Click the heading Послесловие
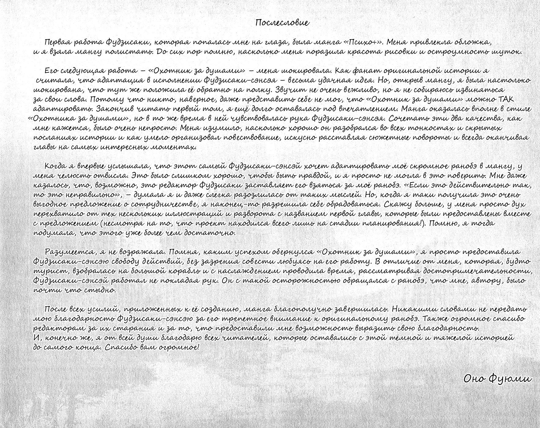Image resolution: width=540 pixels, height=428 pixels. tap(282, 23)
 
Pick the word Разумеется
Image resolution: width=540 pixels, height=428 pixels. tap(69, 252)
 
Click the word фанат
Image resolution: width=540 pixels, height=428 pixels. tap(359, 71)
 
